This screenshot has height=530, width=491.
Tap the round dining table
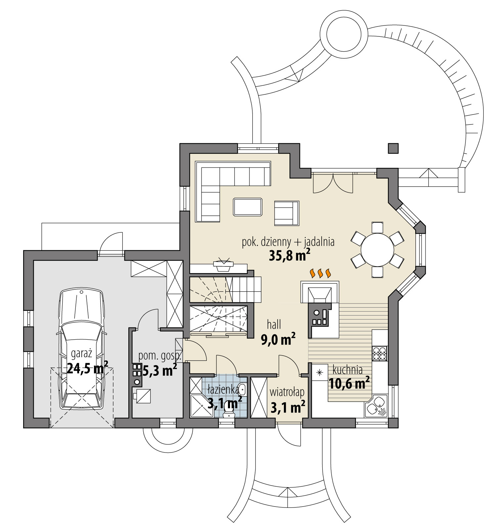tap(377, 250)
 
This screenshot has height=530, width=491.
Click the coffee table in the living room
tap(247, 207)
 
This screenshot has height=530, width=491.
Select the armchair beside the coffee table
tap(287, 214)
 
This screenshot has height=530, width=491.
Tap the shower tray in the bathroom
tap(201, 405)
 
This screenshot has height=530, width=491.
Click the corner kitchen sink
tap(376, 406)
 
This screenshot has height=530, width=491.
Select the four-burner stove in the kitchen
tap(379, 353)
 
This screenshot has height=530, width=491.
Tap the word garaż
tap(81, 354)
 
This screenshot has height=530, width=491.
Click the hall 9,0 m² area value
tap(278, 340)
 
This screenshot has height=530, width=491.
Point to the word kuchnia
tap(347, 369)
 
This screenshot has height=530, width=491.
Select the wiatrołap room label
tap(287, 392)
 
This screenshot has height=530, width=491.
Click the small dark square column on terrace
tap(393, 148)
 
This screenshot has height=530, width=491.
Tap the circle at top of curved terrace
tap(347, 33)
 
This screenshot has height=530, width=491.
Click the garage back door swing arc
tap(111, 241)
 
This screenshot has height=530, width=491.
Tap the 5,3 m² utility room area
tap(159, 371)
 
